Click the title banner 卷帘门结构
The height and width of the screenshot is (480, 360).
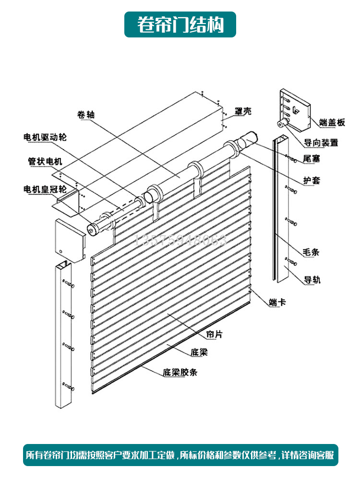(180, 24)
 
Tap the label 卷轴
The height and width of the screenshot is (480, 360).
(86, 115)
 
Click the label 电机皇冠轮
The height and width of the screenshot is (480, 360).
(45, 189)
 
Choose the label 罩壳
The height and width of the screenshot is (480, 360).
(243, 111)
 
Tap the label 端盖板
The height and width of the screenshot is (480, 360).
(332, 122)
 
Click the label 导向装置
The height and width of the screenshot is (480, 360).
(321, 143)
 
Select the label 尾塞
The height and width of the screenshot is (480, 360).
(312, 158)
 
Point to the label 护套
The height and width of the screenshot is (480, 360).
(312, 181)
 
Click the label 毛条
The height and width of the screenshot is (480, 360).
(312, 252)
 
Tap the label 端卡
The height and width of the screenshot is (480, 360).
(277, 302)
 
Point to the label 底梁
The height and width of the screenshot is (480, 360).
(199, 353)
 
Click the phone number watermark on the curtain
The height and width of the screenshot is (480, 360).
(182, 240)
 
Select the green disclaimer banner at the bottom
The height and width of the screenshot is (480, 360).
(180, 455)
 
